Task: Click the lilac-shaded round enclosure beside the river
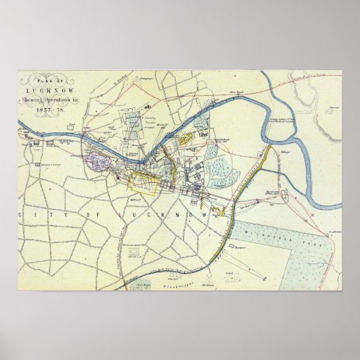95,162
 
